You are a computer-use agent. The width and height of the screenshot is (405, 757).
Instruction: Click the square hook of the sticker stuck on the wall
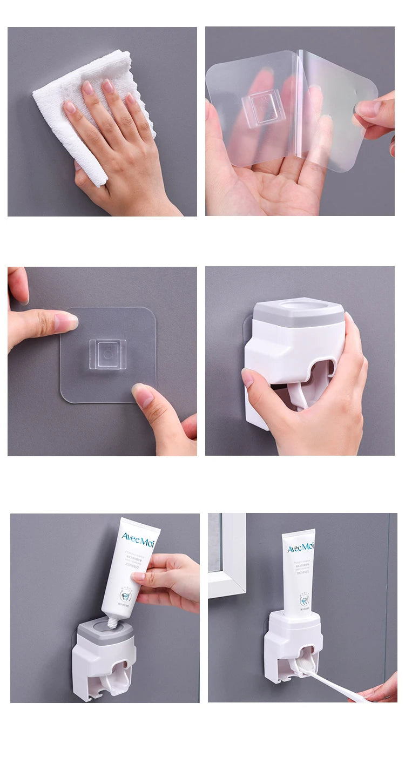(107, 354)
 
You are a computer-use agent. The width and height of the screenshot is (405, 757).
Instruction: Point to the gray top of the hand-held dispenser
(299, 313)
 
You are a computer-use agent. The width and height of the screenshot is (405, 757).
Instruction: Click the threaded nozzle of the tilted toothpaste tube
(113, 623)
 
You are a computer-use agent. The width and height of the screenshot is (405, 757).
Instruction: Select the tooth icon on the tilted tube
(125, 596)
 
